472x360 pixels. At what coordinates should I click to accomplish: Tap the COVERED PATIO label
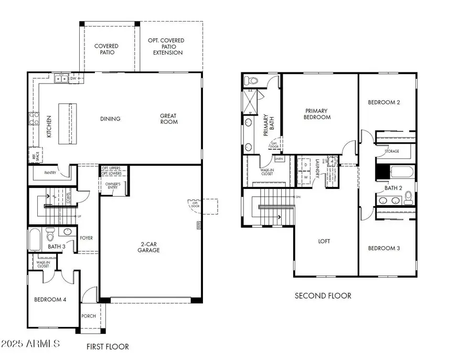(x=106, y=49)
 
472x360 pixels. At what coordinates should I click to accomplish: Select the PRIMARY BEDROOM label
(x=317, y=114)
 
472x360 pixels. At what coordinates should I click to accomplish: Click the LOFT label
(x=325, y=241)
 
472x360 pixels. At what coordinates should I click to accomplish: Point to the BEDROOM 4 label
(x=50, y=300)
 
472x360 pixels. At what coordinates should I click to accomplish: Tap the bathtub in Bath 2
(x=401, y=172)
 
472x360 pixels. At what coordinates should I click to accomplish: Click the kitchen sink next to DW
(x=61, y=79)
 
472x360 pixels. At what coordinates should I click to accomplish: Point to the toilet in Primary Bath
(x=252, y=81)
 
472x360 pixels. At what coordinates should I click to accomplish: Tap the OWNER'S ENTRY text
(x=113, y=186)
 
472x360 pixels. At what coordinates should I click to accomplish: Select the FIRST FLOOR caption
(x=108, y=346)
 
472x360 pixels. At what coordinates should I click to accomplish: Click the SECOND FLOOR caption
(x=323, y=296)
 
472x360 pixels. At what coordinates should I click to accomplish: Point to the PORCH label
(x=88, y=316)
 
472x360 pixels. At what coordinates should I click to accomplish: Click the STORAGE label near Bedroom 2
(x=391, y=151)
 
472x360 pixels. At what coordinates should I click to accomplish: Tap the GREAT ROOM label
(x=169, y=119)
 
